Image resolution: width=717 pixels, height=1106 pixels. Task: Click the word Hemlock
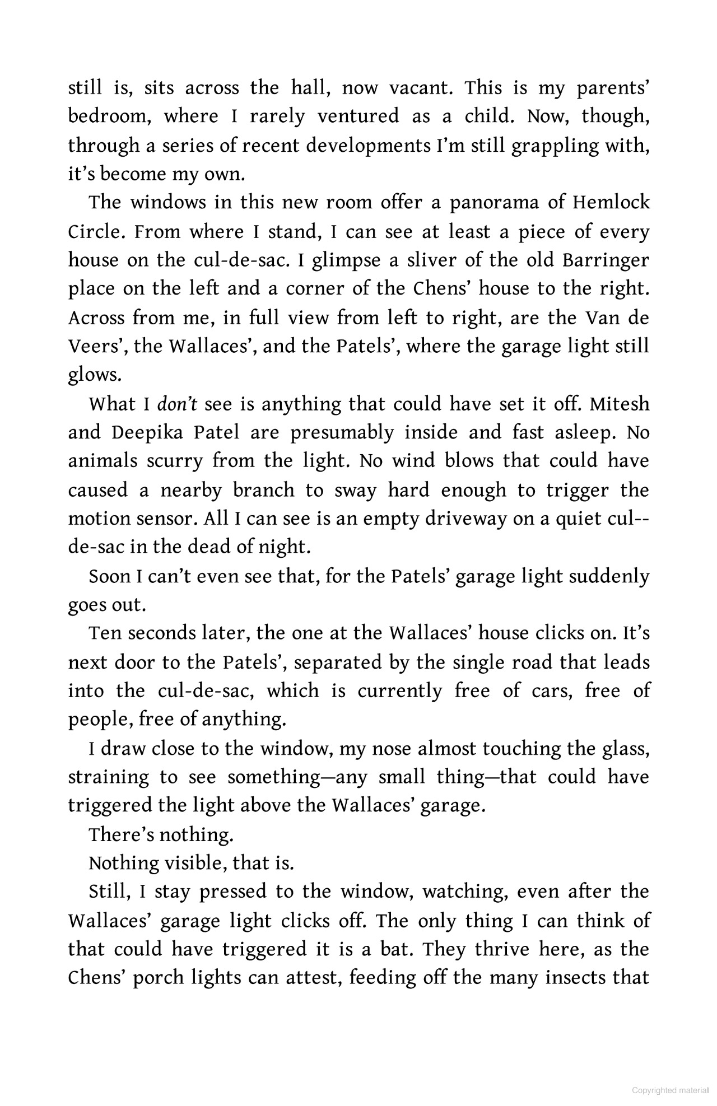(x=611, y=202)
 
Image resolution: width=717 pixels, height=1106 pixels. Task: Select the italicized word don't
(x=177, y=404)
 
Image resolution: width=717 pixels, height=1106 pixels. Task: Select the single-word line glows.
(x=95, y=375)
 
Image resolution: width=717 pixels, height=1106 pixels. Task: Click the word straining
(x=109, y=778)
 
